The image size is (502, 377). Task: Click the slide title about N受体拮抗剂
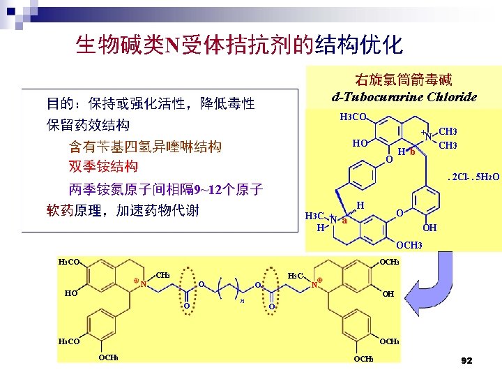click(238, 45)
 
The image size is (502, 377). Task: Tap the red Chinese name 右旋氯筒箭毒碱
click(404, 81)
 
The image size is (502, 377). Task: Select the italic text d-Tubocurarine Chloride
click(404, 97)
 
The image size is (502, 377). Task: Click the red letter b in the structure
click(413, 154)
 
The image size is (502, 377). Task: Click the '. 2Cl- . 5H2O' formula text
click(473, 176)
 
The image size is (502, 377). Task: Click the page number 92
click(466, 361)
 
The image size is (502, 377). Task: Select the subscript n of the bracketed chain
click(242, 301)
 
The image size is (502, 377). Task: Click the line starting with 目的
click(151, 104)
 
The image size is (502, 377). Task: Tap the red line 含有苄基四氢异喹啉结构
click(145, 147)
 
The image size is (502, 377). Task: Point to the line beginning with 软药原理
click(123, 210)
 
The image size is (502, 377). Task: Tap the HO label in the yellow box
click(360, 143)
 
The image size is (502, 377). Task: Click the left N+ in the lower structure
click(142, 283)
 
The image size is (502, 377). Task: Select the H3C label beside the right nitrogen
click(295, 276)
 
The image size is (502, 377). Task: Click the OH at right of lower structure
click(388, 294)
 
